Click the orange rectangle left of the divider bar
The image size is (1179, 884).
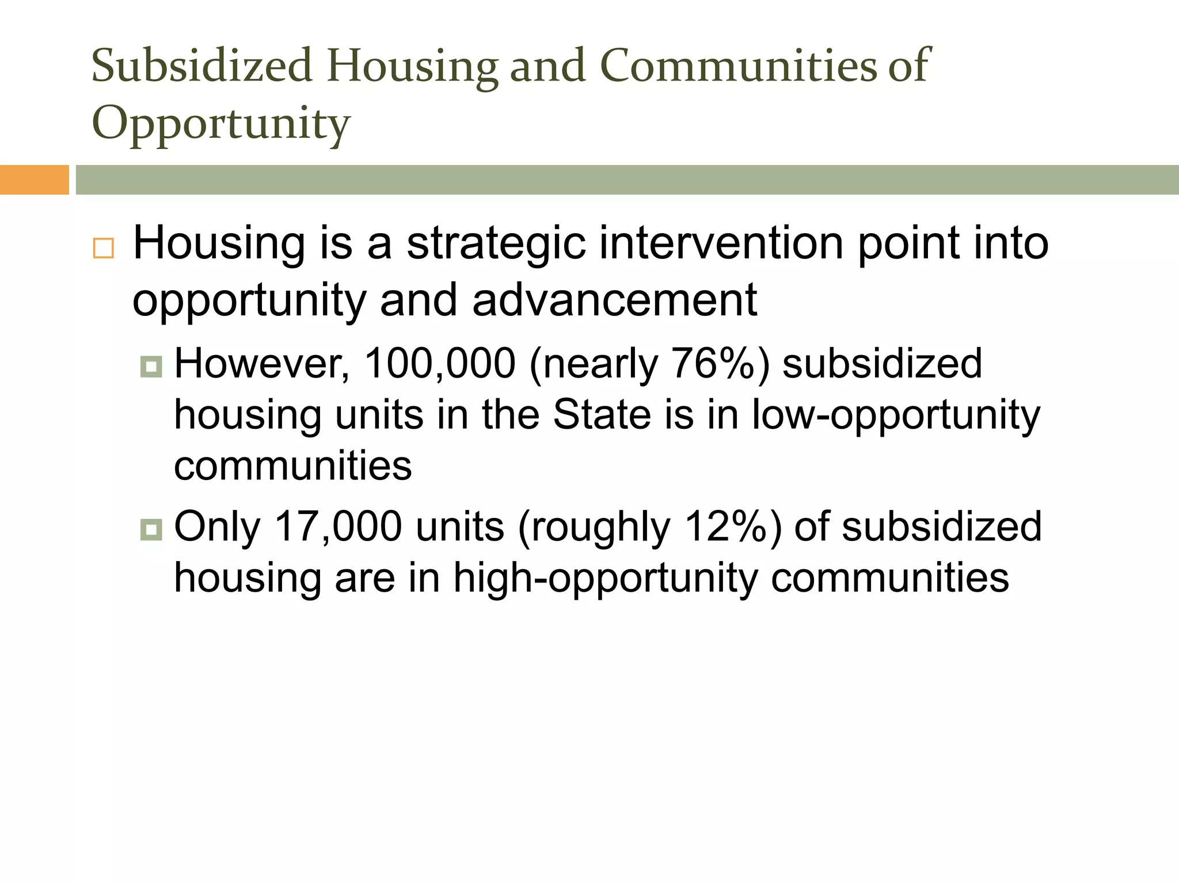pyautogui.click(x=34, y=180)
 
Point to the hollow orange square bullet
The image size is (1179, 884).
pyautogui.click(x=104, y=248)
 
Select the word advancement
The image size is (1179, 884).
pyautogui.click(x=614, y=300)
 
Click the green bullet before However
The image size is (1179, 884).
pyautogui.click(x=151, y=366)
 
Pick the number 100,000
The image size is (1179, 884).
pyautogui.click(x=440, y=364)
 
